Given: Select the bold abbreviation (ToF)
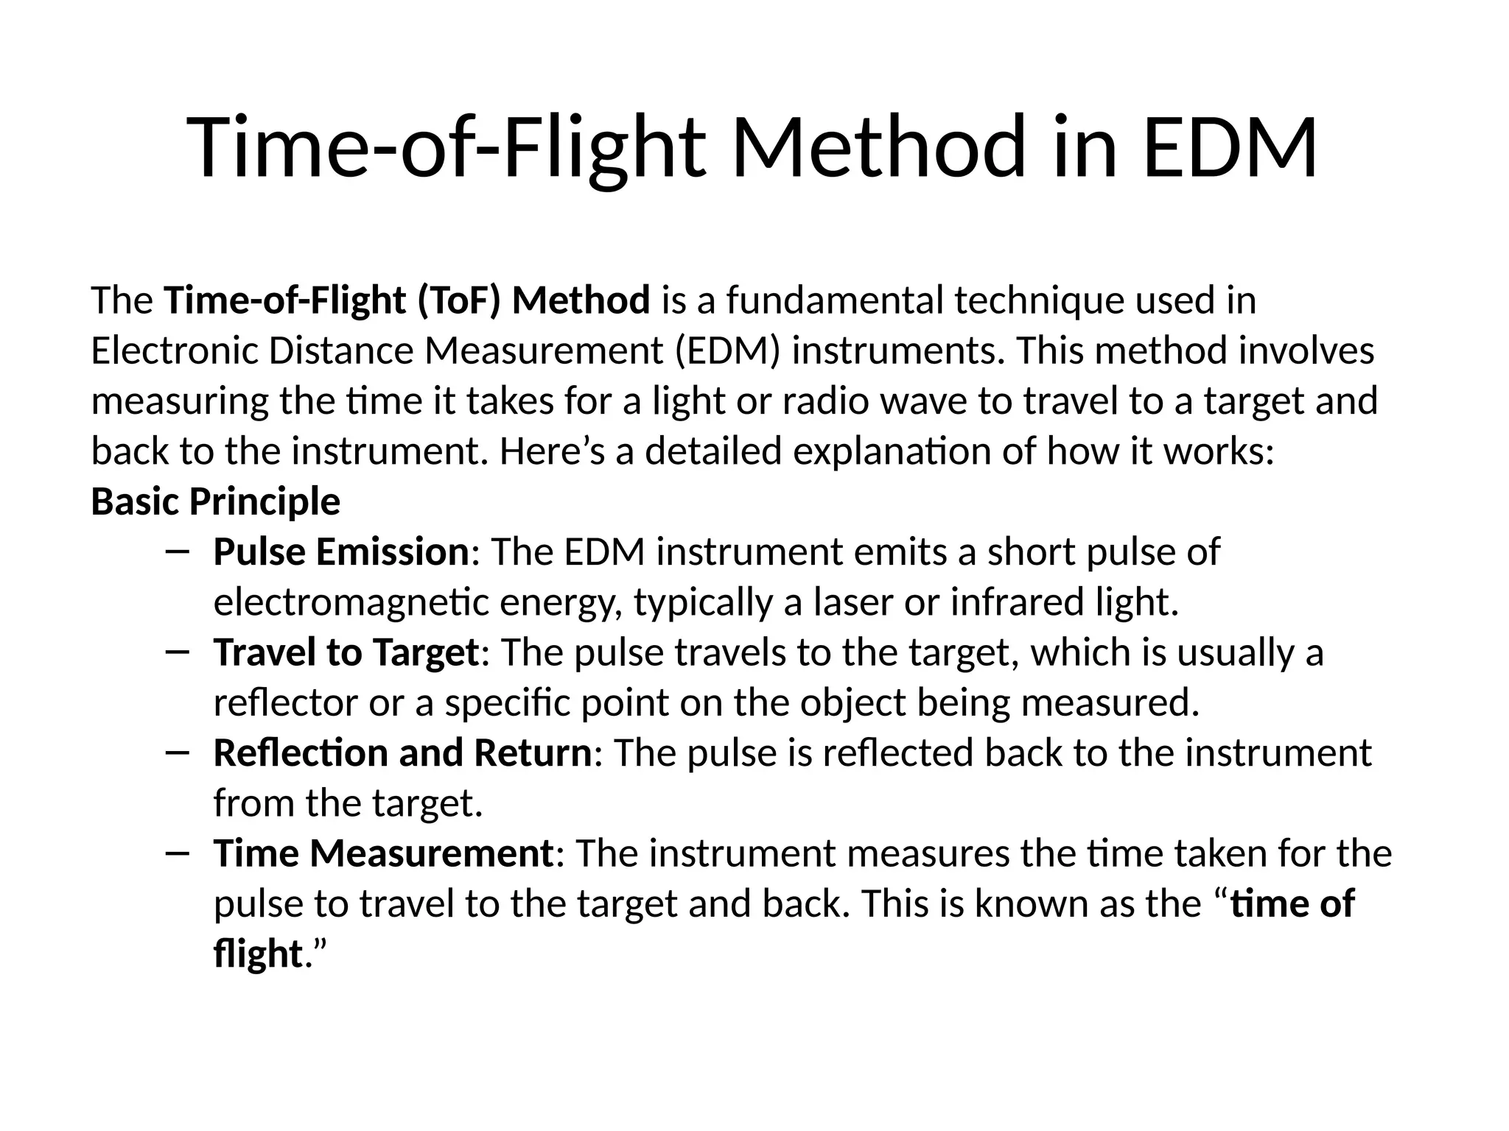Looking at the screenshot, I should click(x=459, y=301).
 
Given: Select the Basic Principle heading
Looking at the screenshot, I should click(x=215, y=502).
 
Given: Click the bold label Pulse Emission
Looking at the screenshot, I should click(x=340, y=552).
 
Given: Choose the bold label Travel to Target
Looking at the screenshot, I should click(x=346, y=653).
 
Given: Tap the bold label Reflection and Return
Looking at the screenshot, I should click(x=402, y=753).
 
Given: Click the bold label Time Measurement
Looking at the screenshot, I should click(x=383, y=854).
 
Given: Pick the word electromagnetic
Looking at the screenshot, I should click(x=351, y=602).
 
